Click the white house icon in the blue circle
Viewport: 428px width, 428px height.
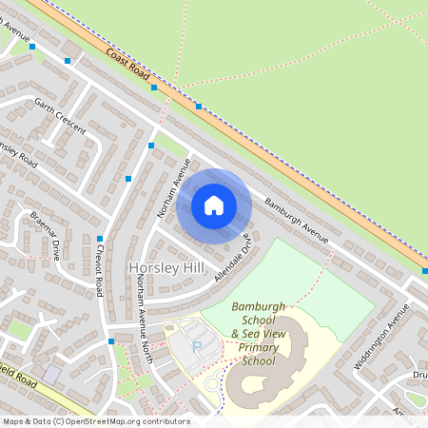point(214,204)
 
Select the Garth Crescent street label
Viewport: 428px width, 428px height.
point(59,115)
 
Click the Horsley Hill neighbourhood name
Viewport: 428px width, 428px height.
point(167,269)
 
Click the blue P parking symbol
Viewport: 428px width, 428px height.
point(197,347)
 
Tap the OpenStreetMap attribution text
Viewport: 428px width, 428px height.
point(95,421)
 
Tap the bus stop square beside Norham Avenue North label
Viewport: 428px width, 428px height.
point(111,340)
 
